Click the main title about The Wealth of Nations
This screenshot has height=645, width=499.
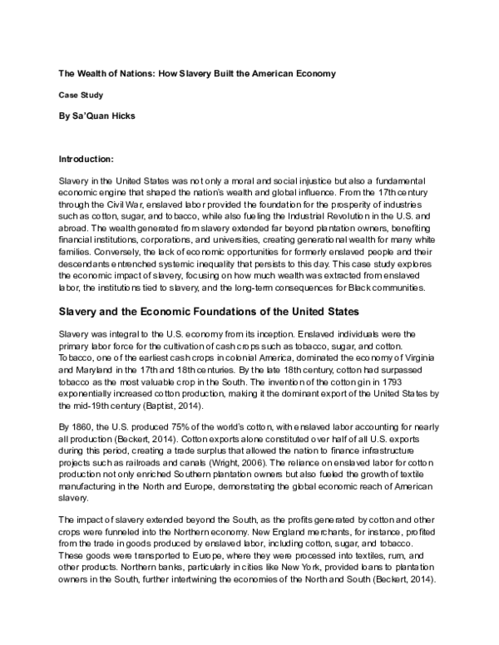point(196,74)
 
